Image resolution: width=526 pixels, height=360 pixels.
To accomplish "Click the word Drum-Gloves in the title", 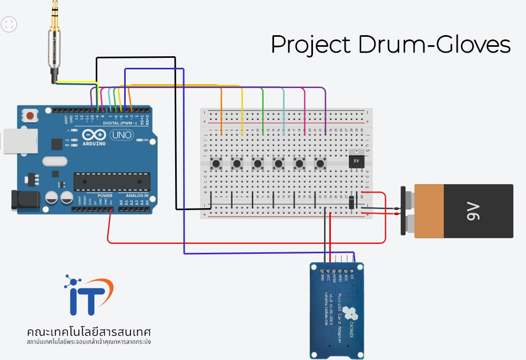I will (x=434, y=45).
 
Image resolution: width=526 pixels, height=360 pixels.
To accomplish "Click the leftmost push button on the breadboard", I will (x=216, y=164).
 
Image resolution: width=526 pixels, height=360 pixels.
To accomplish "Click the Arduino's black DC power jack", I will (x=25, y=199).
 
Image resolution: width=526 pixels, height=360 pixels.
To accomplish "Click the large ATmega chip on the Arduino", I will (x=112, y=181).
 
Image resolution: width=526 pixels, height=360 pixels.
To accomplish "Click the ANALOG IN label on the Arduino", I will (x=134, y=196).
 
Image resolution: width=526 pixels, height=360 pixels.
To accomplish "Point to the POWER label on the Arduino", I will (x=105, y=196).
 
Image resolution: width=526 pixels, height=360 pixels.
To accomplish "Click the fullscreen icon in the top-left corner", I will (x=9, y=24).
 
